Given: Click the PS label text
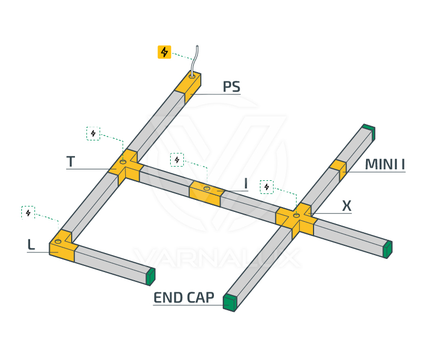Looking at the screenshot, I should [x=231, y=87].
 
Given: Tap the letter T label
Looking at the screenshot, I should [x=71, y=162].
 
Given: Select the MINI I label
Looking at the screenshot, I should [x=385, y=164].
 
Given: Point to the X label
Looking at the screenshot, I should [x=346, y=206].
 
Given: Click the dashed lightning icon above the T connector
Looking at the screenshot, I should [x=94, y=133].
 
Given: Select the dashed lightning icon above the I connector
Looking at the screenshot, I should [x=177, y=160].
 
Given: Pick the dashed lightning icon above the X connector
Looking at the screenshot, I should [x=266, y=187].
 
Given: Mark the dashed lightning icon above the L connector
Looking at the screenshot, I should [x=28, y=213].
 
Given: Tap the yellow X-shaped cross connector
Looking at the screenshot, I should [x=296, y=219].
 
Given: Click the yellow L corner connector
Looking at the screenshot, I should [x=62, y=246].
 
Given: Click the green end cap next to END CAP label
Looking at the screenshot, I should [x=230, y=302].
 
